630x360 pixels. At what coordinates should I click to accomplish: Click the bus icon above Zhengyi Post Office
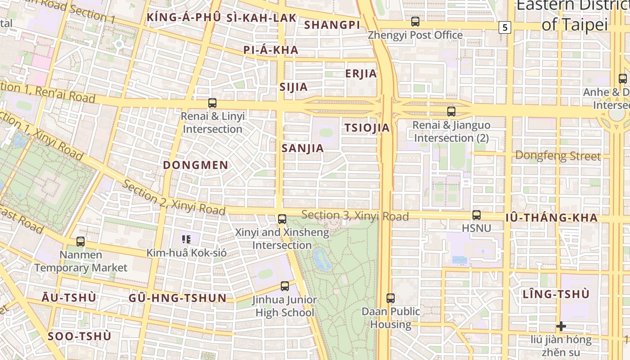tap(415, 21)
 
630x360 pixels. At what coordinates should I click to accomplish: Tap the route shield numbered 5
tap(505, 27)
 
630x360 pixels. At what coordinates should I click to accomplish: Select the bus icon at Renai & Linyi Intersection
tap(212, 103)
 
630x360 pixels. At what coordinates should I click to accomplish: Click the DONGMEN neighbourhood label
tap(196, 165)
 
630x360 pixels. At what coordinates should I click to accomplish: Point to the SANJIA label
tap(303, 148)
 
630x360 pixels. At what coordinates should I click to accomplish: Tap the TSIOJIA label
tap(367, 128)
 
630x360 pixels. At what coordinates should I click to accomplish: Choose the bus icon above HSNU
tap(477, 215)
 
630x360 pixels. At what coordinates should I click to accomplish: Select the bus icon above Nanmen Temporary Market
tap(81, 242)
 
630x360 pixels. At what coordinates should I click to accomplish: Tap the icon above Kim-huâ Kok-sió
tap(186, 239)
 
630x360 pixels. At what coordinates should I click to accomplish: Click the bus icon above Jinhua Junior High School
tap(284, 286)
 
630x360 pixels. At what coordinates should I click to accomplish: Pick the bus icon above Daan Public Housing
tap(391, 298)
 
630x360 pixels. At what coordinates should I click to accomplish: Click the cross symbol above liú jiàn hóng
tap(561, 326)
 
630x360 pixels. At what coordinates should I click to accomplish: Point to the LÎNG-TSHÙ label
tap(556, 295)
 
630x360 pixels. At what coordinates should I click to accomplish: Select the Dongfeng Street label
tap(558, 156)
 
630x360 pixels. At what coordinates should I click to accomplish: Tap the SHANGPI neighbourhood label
tap(333, 25)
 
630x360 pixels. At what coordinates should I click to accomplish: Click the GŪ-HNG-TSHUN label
tap(178, 298)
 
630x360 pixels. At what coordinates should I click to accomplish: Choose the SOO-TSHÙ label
tap(79, 337)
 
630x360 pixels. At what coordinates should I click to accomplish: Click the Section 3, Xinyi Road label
tap(355, 216)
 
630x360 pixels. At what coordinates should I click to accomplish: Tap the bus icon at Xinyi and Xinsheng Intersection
tap(282, 219)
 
